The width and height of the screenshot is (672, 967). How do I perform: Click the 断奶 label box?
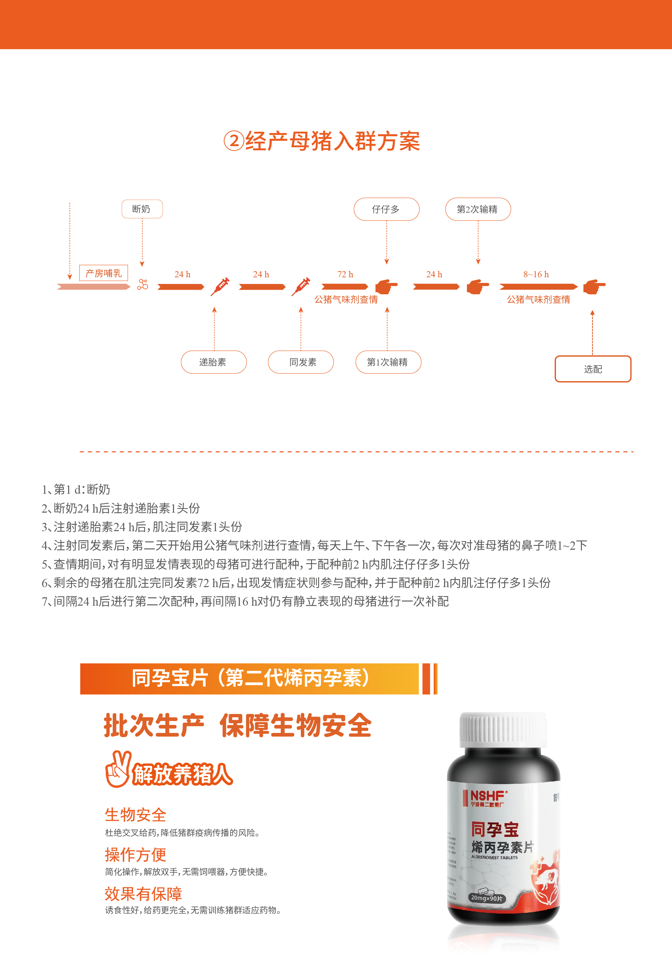pos(142,209)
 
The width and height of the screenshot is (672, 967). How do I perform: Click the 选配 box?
pos(592,369)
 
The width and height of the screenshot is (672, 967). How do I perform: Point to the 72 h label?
pos(345,274)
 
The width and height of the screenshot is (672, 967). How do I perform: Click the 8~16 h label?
pos(536,274)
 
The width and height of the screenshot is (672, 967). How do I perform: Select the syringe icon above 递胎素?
pos(220,287)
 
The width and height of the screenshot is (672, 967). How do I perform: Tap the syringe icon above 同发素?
pos(301,287)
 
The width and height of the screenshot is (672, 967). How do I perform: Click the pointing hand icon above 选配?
pos(594,287)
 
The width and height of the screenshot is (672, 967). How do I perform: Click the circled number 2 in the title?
pos(234,141)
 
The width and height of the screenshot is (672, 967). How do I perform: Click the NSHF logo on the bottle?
pos(488,797)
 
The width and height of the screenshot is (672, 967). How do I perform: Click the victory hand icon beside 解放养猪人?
pos(118,769)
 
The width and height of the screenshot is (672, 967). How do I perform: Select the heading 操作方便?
pos(136,854)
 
